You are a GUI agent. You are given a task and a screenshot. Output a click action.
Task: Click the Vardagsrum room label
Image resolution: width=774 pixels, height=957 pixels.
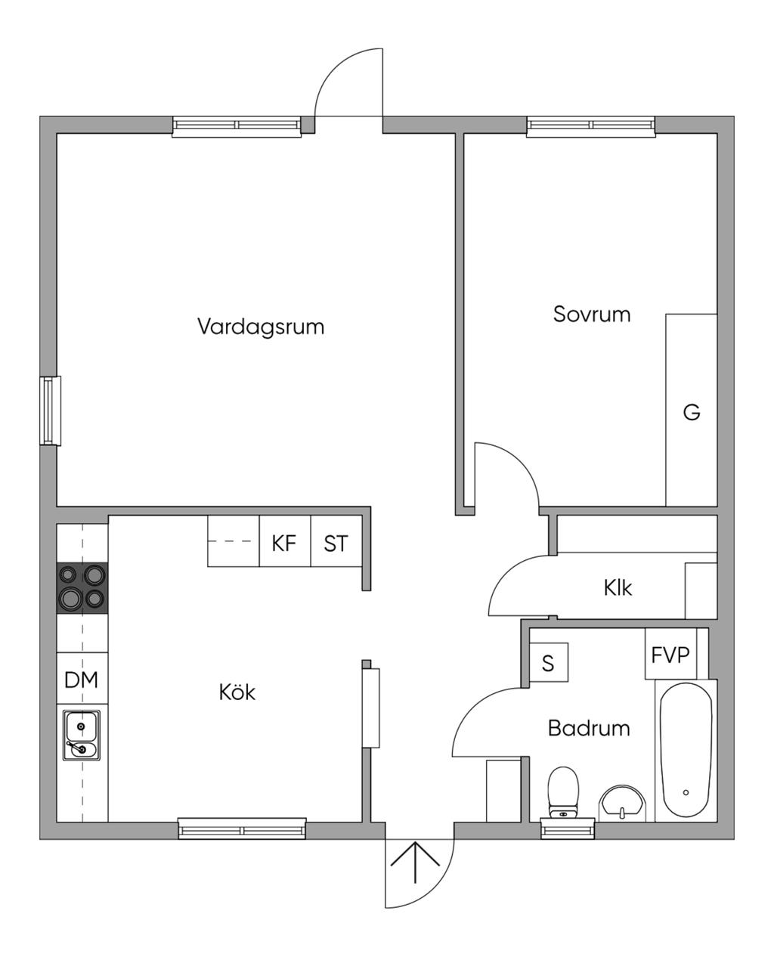coord(261,327)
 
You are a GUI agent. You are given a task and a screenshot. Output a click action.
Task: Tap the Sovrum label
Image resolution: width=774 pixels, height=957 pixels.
coord(592,314)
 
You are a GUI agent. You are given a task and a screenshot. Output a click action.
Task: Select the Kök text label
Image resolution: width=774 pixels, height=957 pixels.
coord(237,692)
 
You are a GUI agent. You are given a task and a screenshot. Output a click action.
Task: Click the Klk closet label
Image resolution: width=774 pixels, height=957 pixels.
coord(618,587)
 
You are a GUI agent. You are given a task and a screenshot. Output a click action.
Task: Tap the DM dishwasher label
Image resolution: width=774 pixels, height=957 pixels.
coord(82,680)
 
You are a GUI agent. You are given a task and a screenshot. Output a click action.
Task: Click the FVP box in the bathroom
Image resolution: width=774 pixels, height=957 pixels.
coord(671,654)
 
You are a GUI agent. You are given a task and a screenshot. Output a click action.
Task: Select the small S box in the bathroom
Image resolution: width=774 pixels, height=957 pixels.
coord(549,663)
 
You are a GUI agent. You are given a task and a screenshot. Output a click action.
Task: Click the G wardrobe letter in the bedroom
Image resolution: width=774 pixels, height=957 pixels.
coord(691,412)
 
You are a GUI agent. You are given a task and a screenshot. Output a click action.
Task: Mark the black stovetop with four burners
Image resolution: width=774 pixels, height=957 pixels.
coord(82,587)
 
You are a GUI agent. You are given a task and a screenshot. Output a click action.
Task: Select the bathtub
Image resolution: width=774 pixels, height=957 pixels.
coord(686,750)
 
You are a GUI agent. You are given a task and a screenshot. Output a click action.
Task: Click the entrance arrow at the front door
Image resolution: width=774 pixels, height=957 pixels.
coord(415,862)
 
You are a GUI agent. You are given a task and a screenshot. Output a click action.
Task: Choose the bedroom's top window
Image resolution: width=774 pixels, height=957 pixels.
coord(590,125)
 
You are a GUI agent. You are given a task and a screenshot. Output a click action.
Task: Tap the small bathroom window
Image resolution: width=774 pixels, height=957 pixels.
coord(568,829)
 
